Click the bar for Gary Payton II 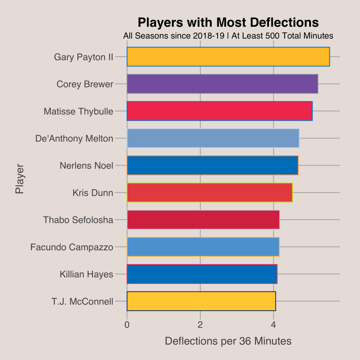point(228,57)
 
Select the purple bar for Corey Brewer point(222,84)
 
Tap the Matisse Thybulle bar point(219,111)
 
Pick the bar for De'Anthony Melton point(213,138)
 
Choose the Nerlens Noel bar point(212,165)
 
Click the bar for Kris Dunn point(210,193)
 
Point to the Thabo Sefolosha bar point(203,220)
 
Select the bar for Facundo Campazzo point(203,247)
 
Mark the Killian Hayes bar point(202,274)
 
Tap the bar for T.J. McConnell point(201,301)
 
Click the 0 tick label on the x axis point(127,324)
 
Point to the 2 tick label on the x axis point(200,324)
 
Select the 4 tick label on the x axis point(274,324)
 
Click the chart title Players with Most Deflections point(228,22)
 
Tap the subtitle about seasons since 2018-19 point(228,36)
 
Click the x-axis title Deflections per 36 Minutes point(228,341)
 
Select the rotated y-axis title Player point(20,179)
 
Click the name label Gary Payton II point(84,57)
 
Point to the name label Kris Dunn point(93,193)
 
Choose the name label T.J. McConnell point(82,301)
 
